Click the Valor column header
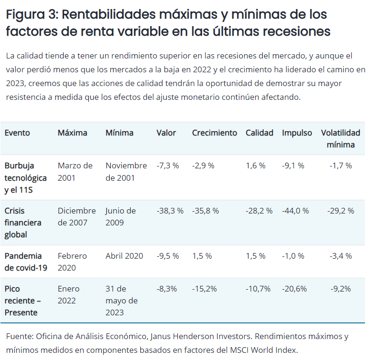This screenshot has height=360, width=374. coord(166,133)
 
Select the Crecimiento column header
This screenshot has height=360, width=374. coord(214,133)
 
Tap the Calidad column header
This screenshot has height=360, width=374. coord(259,133)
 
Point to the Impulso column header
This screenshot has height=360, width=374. coord(297,133)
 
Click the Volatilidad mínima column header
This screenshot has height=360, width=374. coord(341,138)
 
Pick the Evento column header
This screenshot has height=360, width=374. coord(17,133)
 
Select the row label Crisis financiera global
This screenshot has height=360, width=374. coord(23,223)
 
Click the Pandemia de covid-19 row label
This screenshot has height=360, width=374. coord(26,262)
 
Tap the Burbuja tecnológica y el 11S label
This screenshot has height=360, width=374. coord(26,177)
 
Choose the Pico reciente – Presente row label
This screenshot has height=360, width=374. coord(23,301)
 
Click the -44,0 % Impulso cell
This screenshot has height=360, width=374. coord(295,211)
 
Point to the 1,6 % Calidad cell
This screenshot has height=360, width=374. coord(256,165)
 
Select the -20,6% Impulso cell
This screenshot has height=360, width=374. coord(294,289)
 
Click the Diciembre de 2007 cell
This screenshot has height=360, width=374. coord(77,216)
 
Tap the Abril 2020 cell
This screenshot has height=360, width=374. coord(124,256)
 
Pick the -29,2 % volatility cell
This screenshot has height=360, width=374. coord(341,211)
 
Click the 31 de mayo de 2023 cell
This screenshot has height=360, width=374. coord(121,301)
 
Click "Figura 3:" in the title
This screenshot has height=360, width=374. coord(31,14)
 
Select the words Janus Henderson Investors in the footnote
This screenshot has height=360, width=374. coord(200,336)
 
